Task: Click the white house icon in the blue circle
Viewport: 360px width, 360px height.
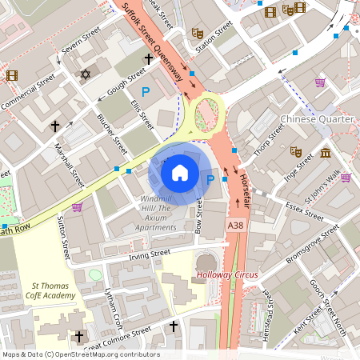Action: [180, 172]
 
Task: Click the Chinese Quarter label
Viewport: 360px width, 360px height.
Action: [317, 118]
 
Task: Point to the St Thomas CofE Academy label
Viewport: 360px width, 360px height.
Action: [54, 290]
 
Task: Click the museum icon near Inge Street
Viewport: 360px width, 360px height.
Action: [325, 153]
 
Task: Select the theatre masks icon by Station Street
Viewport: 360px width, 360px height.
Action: [197, 34]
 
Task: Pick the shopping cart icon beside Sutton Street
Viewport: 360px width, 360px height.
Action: [77, 206]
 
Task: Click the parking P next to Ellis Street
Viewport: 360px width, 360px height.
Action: [146, 93]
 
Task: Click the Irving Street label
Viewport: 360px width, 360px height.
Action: [150, 254]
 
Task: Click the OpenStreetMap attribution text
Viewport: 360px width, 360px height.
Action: [81, 354]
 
